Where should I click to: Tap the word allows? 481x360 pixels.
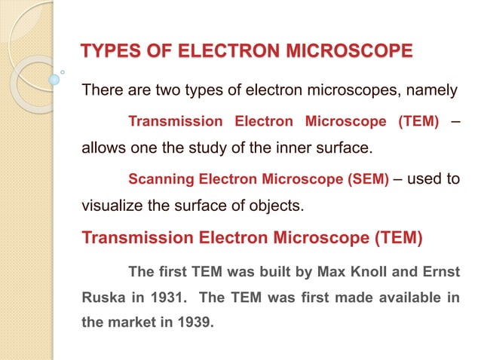point(104,148)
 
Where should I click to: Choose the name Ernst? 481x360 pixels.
point(440,270)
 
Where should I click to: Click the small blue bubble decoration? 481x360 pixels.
point(54,78)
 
